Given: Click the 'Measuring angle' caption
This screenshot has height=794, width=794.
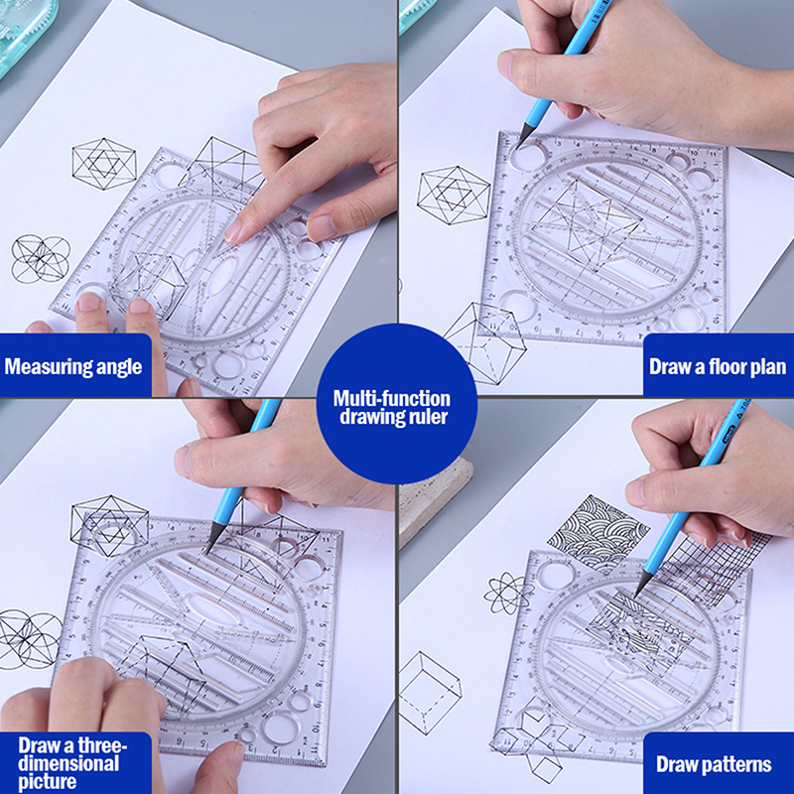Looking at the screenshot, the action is click(x=73, y=366).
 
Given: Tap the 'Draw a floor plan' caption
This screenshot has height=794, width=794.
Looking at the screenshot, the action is click(x=718, y=366).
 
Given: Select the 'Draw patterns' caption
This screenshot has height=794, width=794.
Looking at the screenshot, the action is click(x=714, y=764).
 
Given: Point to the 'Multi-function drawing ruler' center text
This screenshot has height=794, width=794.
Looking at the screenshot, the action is click(x=392, y=407).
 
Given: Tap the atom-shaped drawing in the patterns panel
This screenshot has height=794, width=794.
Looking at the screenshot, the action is click(x=506, y=594).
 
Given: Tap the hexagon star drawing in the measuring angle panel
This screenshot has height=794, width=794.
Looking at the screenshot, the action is click(x=104, y=164).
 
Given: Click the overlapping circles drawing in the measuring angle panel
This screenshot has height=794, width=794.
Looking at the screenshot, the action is click(x=40, y=258).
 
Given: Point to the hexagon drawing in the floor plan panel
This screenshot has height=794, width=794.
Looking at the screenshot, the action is click(x=453, y=195).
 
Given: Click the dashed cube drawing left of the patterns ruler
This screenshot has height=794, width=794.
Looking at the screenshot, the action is click(x=430, y=693).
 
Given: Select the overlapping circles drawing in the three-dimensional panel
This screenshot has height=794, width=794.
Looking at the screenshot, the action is click(x=30, y=638).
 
